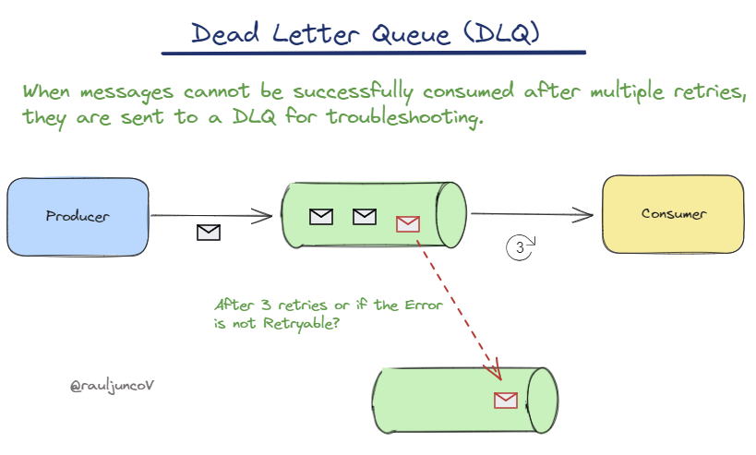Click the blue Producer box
(78, 216)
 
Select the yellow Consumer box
(673, 214)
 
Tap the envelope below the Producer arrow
(210, 233)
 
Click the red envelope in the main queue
(407, 223)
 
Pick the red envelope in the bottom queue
(506, 400)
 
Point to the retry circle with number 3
(521, 247)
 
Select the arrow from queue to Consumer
(531, 214)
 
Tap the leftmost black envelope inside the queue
(320, 217)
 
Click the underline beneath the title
(373, 52)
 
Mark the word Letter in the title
(308, 33)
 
